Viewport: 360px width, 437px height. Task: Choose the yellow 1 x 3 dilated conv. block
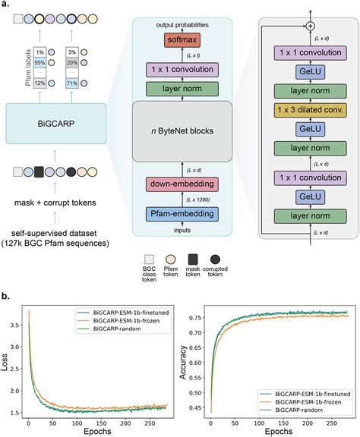click(x=308, y=108)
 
